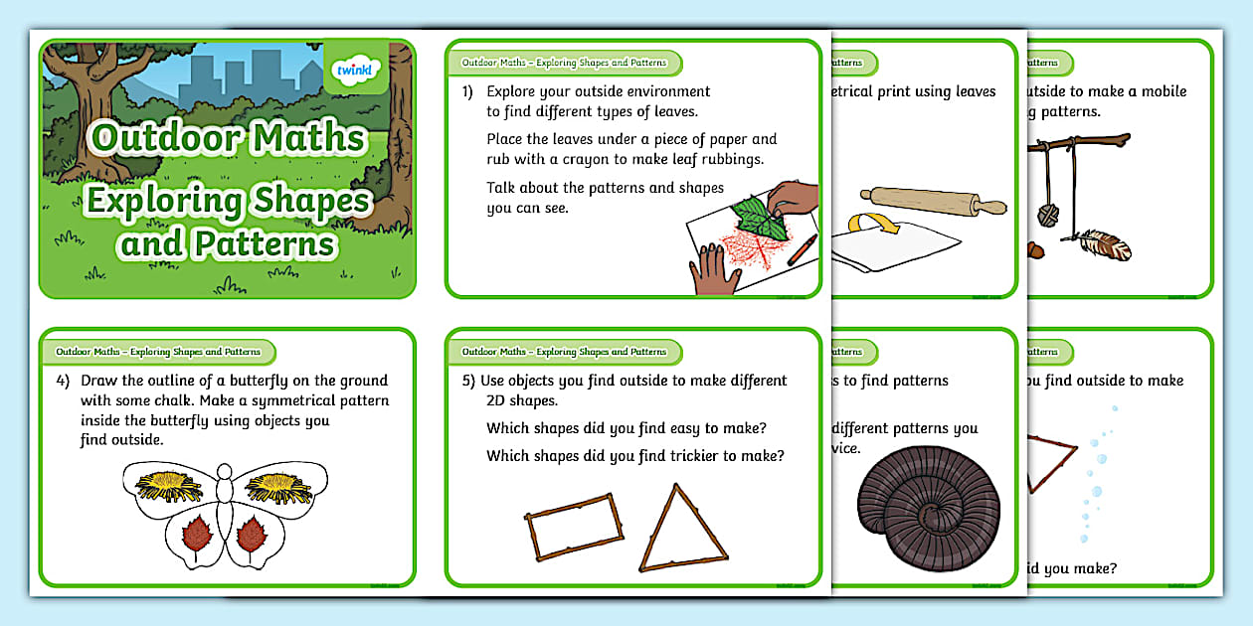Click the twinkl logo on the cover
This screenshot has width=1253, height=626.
pyautogui.click(x=355, y=72)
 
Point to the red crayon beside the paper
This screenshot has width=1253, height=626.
pyautogui.click(x=799, y=249)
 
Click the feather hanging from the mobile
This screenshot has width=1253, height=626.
pyautogui.click(x=1105, y=244)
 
